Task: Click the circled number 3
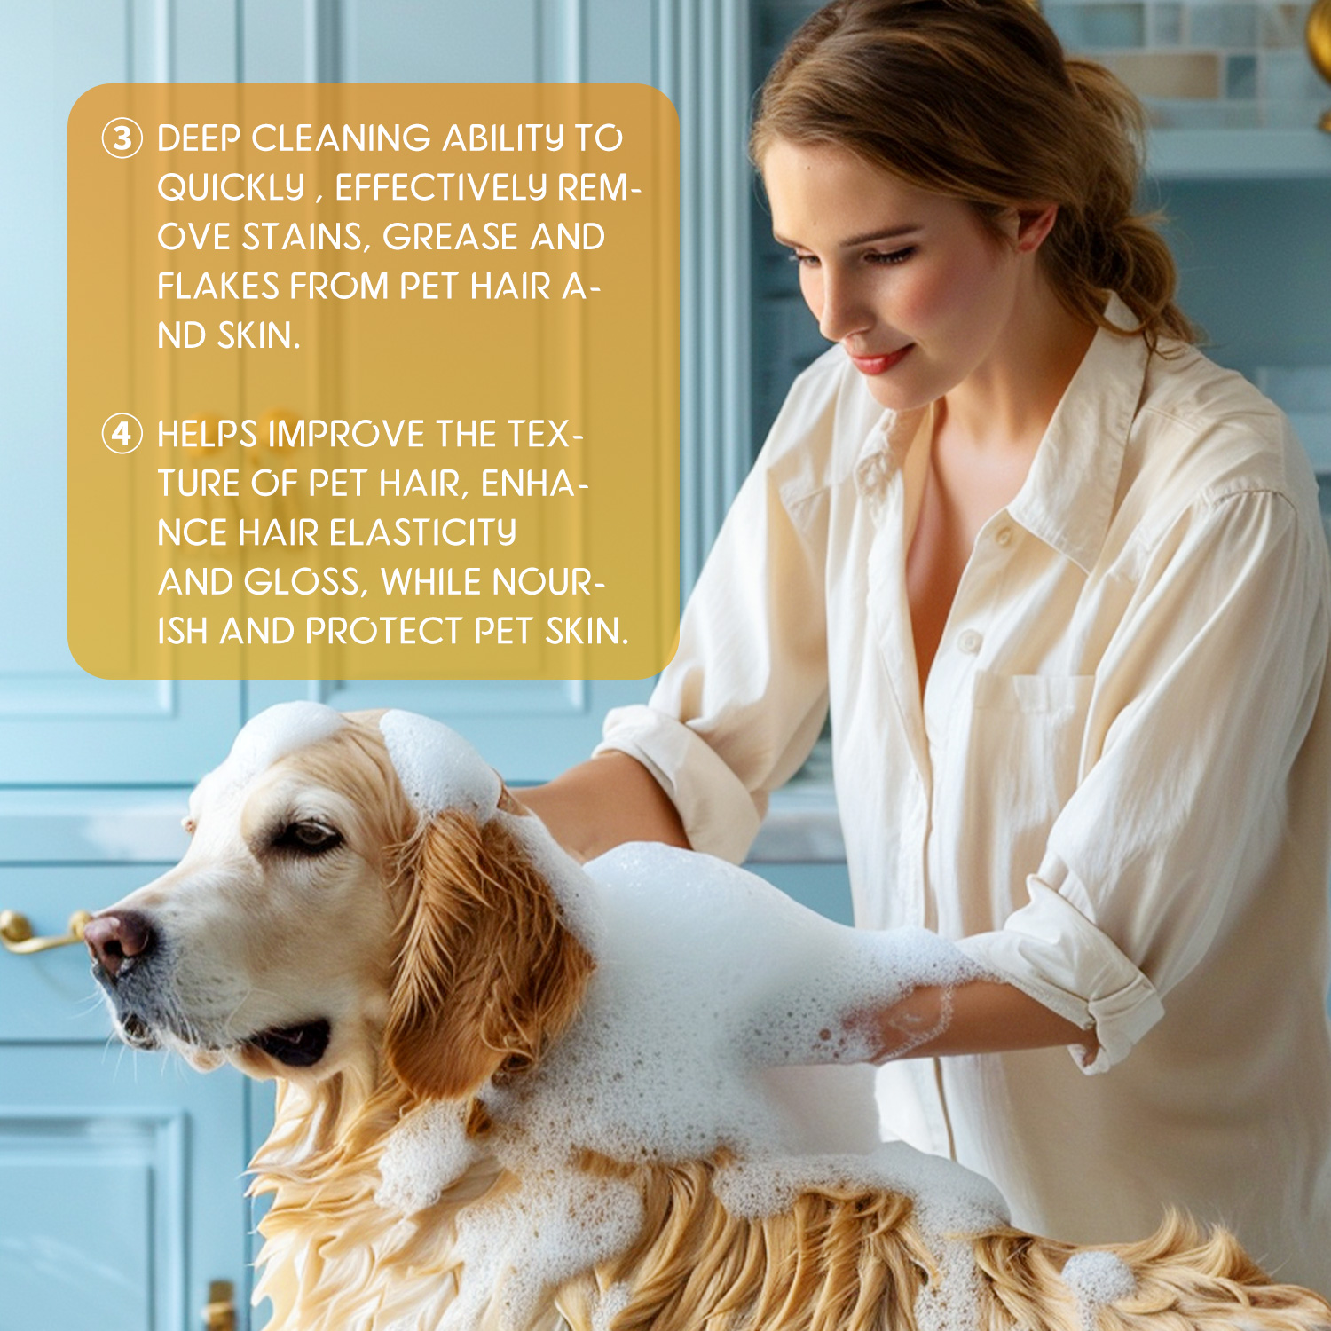pos(122,138)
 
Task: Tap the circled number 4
pos(122,434)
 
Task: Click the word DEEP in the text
pos(199,138)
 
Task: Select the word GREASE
pos(450,237)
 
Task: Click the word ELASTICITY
pos(422,533)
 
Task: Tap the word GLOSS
pos(303,583)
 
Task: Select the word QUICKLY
pos(231,188)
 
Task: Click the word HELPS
pos(208,435)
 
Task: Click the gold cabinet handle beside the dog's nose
pos(40,932)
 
